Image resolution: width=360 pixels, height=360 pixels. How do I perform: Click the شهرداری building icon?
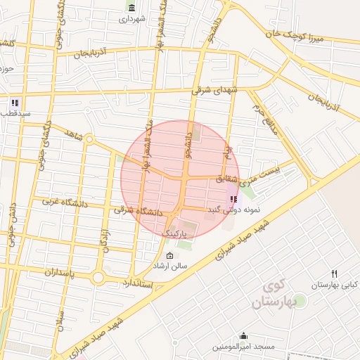coord(131,8)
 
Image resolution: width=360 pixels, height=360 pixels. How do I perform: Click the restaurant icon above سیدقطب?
coord(14,103)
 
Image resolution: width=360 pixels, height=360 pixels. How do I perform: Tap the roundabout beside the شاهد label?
coord(89,139)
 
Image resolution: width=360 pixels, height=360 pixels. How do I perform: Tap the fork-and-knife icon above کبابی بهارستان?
coord(334,274)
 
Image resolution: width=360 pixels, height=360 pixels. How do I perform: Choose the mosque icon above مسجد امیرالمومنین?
coord(243,336)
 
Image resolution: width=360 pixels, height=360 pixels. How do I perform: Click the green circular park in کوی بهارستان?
coord(298,301)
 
